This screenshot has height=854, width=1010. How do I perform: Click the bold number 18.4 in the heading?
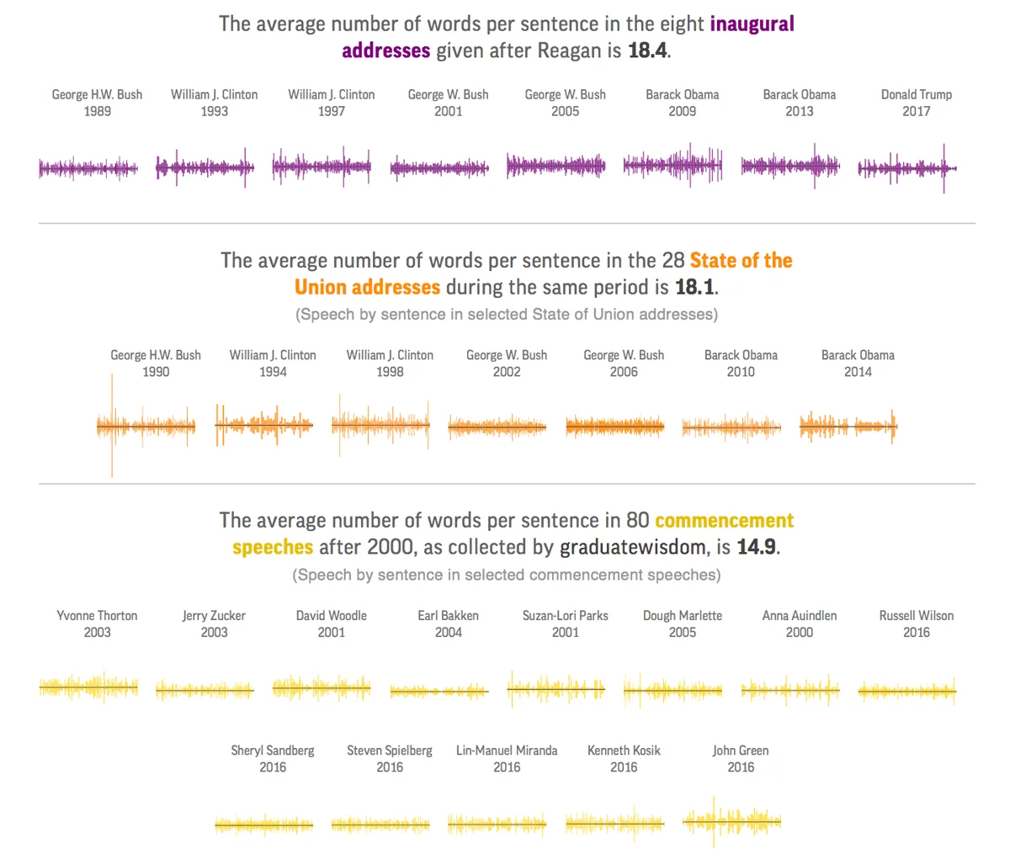pyautogui.click(x=648, y=50)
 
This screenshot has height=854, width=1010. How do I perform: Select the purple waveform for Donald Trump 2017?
pyautogui.click(x=906, y=168)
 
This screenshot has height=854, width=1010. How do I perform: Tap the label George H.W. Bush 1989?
pyautogui.click(x=97, y=103)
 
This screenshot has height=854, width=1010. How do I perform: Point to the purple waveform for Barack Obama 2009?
pyautogui.click(x=672, y=166)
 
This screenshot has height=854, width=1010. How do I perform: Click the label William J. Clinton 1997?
pyautogui.click(x=332, y=103)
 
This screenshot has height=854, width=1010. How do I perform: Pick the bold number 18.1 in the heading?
pyautogui.click(x=695, y=287)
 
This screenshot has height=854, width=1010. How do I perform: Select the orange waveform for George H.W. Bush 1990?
pyautogui.click(x=146, y=427)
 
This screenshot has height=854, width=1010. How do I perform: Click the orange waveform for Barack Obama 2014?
pyautogui.click(x=848, y=427)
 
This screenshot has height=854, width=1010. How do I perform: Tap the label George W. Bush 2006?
pyautogui.click(x=624, y=363)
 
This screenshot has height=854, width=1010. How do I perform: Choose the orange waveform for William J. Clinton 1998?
pyautogui.click(x=380, y=426)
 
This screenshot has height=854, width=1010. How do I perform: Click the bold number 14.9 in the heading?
pyautogui.click(x=756, y=547)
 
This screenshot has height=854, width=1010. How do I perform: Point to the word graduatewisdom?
pyautogui.click(x=633, y=547)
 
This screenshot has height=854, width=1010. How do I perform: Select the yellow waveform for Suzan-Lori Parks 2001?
pyautogui.click(x=555, y=690)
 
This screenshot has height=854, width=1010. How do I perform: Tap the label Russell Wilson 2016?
pyautogui.click(x=917, y=623)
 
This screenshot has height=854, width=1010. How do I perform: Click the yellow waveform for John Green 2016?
pyautogui.click(x=731, y=820)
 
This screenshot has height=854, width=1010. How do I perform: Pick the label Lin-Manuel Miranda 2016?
pyautogui.click(x=507, y=758)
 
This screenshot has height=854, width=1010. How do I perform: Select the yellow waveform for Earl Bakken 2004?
pyautogui.click(x=439, y=692)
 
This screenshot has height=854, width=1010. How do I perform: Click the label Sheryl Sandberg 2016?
pyautogui.click(x=273, y=758)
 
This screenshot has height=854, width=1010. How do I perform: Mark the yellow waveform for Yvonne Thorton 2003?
pyautogui.click(x=88, y=688)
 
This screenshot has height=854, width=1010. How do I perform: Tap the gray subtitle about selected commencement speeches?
pyautogui.click(x=507, y=575)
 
